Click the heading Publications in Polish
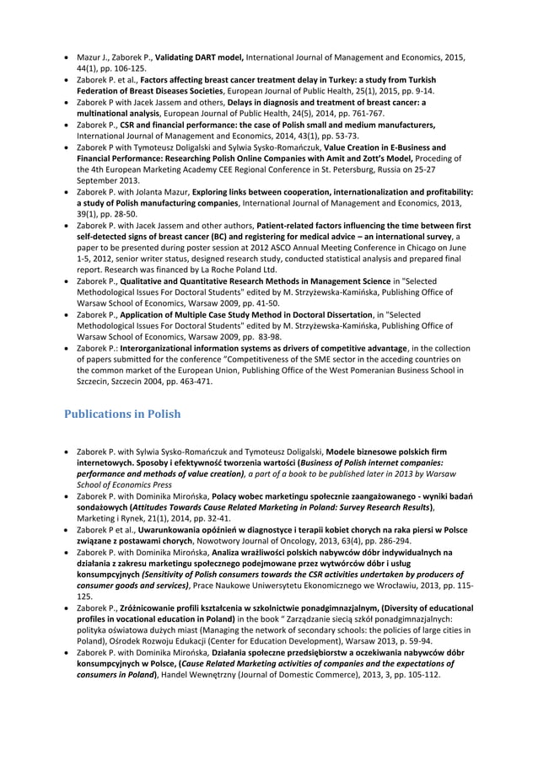[x=121, y=414]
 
